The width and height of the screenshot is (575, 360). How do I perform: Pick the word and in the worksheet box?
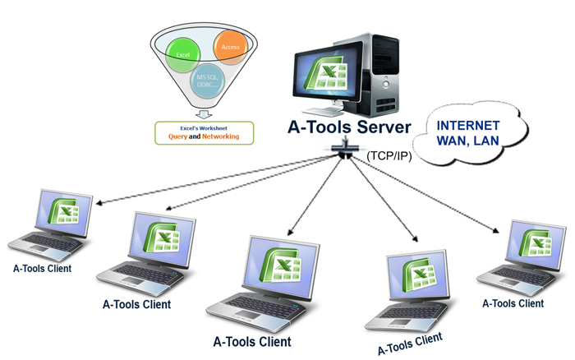click(195, 136)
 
